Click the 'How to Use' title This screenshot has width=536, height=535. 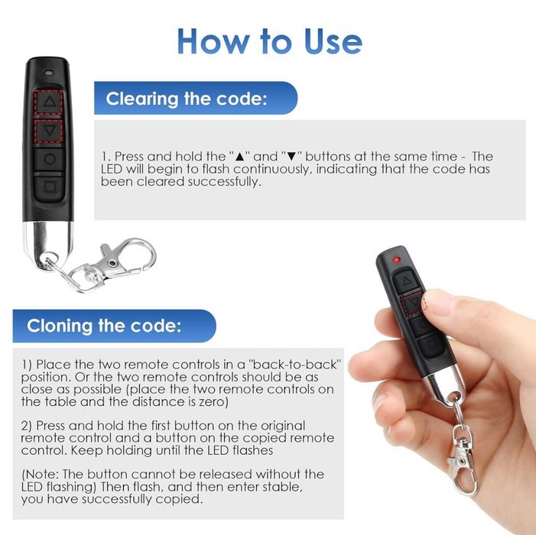coord(269,41)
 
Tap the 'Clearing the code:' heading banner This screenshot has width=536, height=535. coord(196,98)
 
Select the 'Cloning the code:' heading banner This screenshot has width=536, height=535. coord(114,326)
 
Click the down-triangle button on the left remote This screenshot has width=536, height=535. coord(48,131)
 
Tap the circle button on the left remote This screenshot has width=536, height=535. coord(49,159)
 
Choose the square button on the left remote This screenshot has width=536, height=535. coord(49,187)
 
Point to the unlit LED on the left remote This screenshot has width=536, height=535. coord(49,73)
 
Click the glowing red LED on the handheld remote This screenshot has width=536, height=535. coord(397,260)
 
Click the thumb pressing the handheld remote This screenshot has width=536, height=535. coord(444,303)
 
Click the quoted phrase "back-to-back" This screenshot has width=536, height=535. coord(296,365)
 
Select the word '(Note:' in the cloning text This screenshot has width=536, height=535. coord(41,474)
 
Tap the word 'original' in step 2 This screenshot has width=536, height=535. coord(283,426)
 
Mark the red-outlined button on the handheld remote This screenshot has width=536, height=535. coord(413,303)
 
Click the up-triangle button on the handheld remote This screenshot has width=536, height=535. coord(406,280)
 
